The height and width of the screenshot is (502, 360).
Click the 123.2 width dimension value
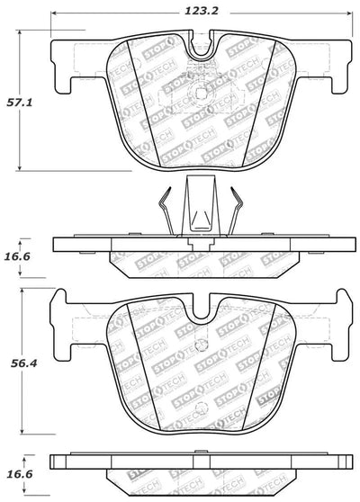(x=202, y=12)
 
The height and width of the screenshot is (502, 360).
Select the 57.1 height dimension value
(x=20, y=103)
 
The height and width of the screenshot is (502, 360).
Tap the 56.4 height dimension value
(x=24, y=363)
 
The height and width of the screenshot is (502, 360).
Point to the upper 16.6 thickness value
(x=17, y=256)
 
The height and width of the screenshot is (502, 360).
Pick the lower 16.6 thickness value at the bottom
(x=19, y=473)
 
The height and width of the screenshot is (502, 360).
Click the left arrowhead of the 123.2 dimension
(x=54, y=13)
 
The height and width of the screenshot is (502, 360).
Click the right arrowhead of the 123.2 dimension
(x=349, y=13)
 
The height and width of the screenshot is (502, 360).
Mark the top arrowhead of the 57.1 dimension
(x=20, y=33)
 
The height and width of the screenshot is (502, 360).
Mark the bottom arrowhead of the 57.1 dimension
(x=20, y=167)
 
